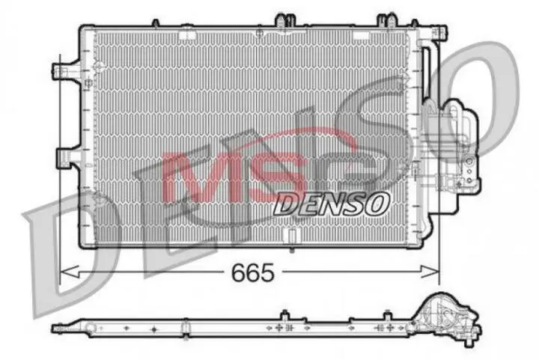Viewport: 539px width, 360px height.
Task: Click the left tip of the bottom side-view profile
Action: click(x=57, y=327)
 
